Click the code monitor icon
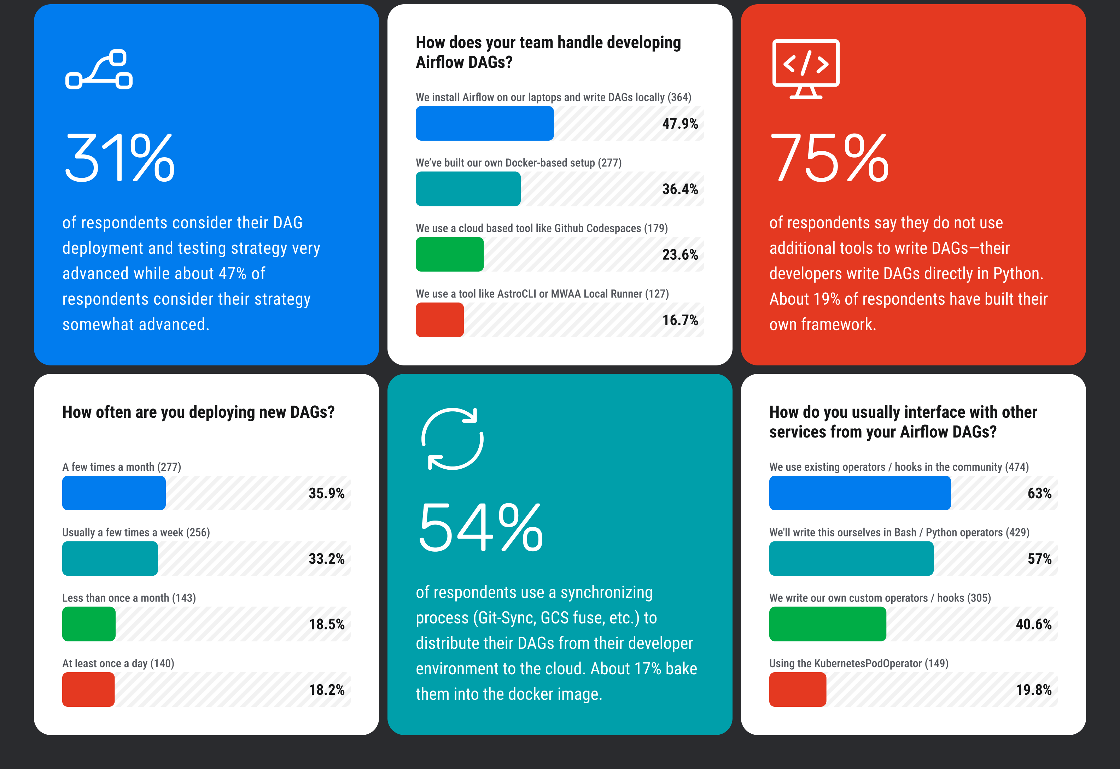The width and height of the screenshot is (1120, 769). coord(806,69)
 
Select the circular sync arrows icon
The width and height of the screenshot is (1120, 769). coord(453,439)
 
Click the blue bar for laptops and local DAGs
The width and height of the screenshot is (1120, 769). coord(484,123)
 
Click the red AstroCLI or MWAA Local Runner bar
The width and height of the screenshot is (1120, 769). coord(439,320)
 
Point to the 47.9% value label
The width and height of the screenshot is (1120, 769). coord(679,124)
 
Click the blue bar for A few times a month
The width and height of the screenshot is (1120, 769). coord(114,493)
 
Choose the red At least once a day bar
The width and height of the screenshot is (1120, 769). coord(88,689)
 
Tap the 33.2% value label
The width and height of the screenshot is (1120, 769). coord(326,559)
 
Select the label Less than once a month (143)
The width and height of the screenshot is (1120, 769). coord(129,598)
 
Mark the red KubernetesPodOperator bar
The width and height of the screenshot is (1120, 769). coord(798,689)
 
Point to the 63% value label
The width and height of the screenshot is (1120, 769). coord(1039,493)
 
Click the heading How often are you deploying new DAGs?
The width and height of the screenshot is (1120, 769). coord(198,412)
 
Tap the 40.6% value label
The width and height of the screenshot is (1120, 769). coord(1033,624)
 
